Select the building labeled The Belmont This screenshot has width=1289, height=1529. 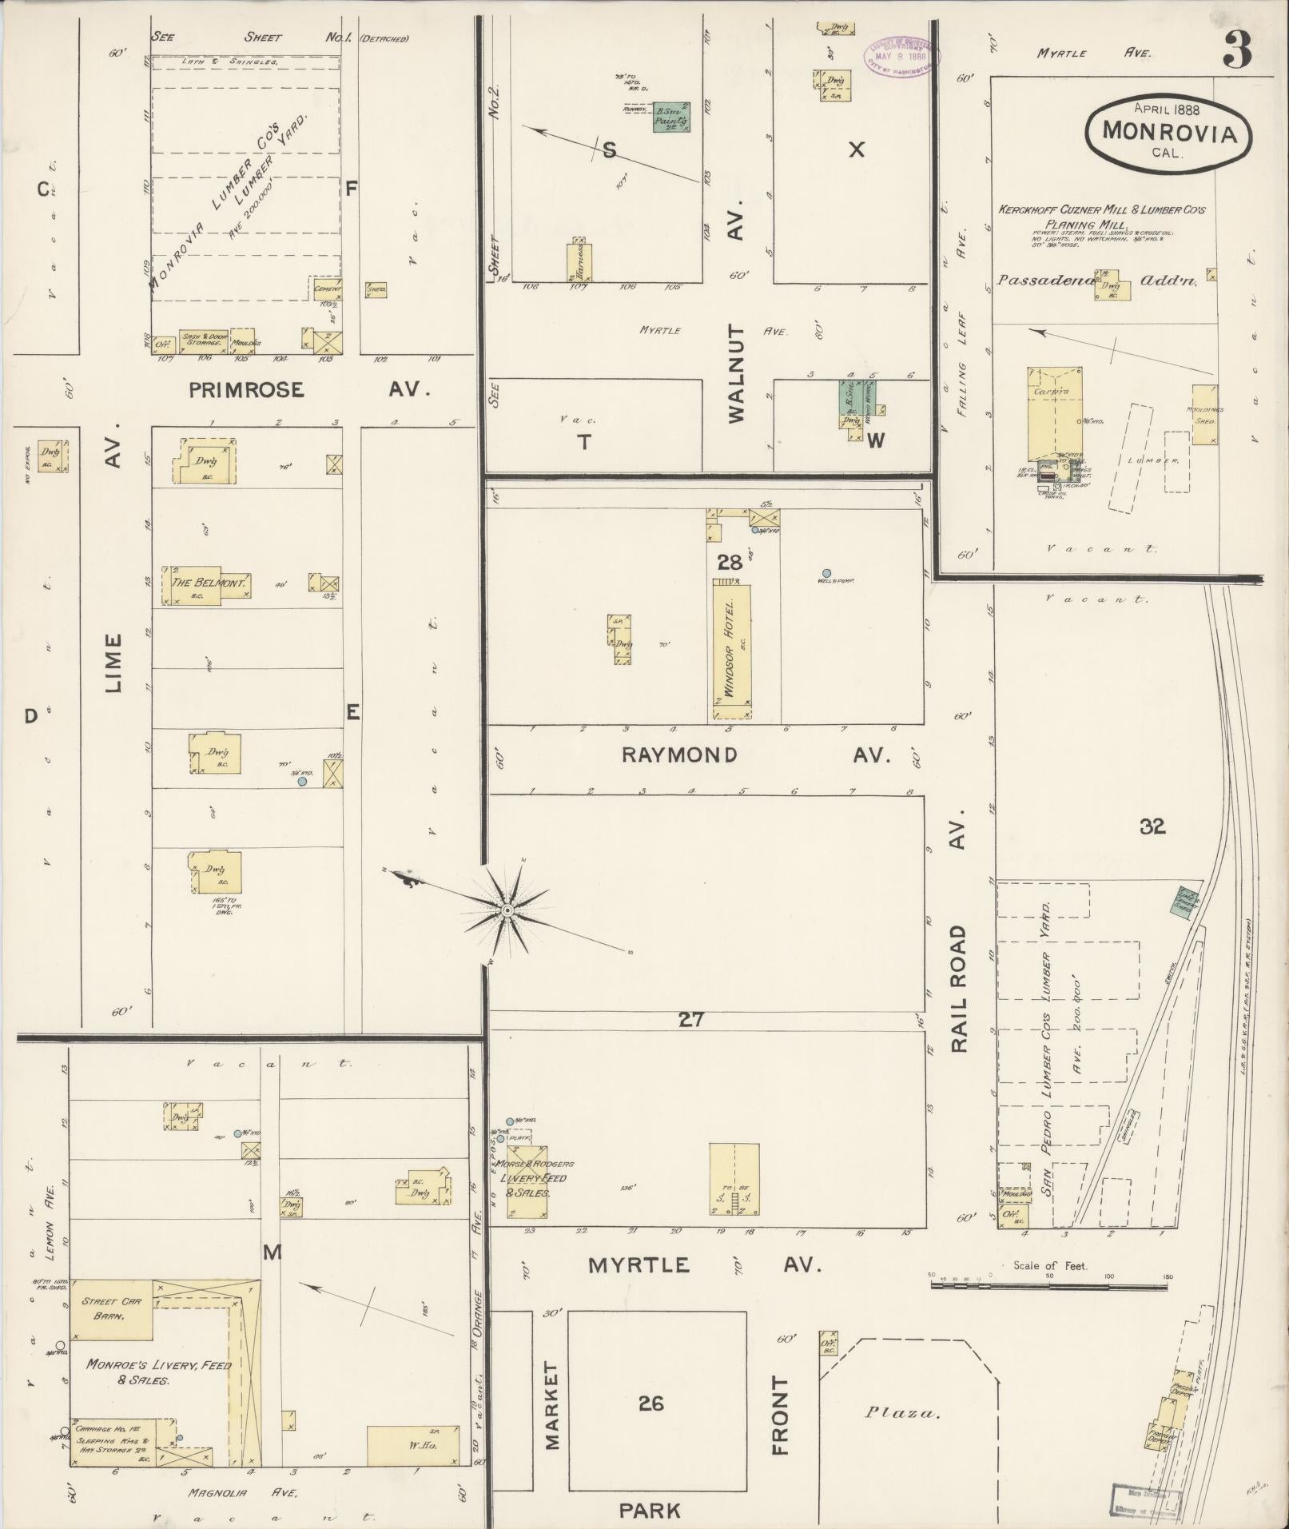[x=208, y=583]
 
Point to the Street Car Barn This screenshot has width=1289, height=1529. [x=111, y=1308]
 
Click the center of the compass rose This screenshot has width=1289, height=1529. [x=507, y=911]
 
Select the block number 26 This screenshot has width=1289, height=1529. [x=651, y=1403]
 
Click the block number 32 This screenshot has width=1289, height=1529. [x=1152, y=826]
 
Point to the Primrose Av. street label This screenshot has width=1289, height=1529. [x=310, y=389]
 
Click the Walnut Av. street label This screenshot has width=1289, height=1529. [x=736, y=317]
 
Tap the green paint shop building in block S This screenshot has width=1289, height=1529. [x=671, y=117]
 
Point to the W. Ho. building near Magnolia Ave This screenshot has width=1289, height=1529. [x=413, y=1445]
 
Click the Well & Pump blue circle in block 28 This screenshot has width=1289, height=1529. [x=826, y=572]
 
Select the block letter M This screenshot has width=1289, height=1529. [x=273, y=1252]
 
